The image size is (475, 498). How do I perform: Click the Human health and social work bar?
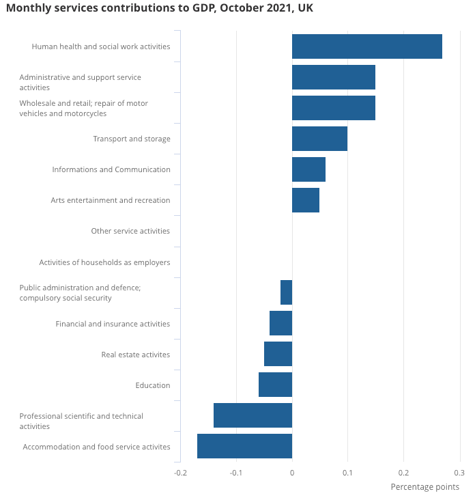[x=366, y=46]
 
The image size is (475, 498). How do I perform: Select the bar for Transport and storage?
[x=319, y=139]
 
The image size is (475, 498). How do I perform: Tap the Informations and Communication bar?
[x=308, y=169]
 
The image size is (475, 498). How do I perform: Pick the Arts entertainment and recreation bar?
[x=305, y=200]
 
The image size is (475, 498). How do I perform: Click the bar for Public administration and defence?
[x=286, y=292]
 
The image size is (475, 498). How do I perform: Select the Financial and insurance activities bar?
[x=280, y=323]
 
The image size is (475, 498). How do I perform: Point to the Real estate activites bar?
[x=278, y=354]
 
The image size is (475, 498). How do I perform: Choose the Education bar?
[x=275, y=385]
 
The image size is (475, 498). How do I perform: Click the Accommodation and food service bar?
[x=244, y=446]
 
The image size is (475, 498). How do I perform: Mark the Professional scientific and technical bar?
[x=253, y=415]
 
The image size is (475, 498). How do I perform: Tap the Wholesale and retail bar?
[x=333, y=108]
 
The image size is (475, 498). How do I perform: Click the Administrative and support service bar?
[x=333, y=77]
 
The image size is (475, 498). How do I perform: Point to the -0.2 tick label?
[x=180, y=472]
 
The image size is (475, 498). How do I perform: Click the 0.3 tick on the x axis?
[x=459, y=472]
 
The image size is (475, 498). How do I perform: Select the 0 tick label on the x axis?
[x=292, y=472]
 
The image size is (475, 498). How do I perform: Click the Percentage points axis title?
[x=424, y=487]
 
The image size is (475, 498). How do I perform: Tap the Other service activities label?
[x=130, y=231]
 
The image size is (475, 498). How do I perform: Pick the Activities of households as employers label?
[x=104, y=262]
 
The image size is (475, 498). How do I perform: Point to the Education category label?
[x=153, y=385]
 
